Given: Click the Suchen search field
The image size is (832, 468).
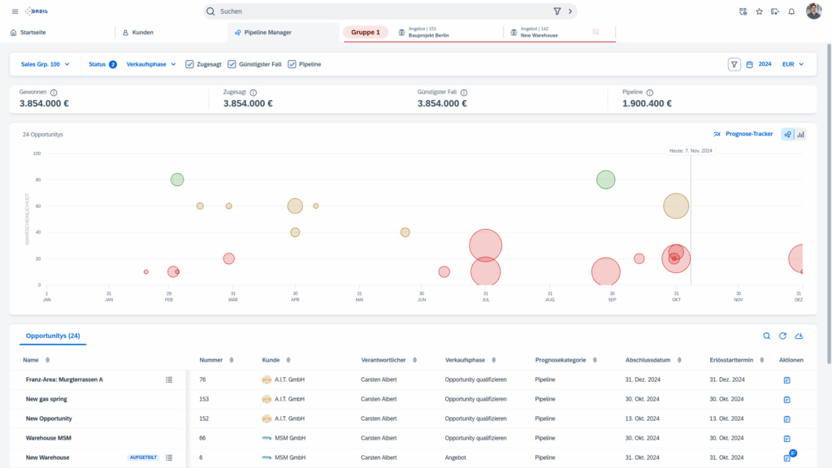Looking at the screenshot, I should click(x=382, y=11).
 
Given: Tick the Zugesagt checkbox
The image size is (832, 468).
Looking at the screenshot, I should click(x=189, y=64).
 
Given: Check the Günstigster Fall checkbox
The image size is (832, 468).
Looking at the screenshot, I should click(x=232, y=64).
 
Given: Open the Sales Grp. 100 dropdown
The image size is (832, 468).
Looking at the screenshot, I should click(x=45, y=64).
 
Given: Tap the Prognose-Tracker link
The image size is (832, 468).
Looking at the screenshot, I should click(x=748, y=134).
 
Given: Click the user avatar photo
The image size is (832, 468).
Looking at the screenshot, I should click(x=813, y=11).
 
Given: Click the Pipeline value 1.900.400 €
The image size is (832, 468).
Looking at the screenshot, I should click(x=647, y=104).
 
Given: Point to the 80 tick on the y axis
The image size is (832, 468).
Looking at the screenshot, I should click(x=37, y=180).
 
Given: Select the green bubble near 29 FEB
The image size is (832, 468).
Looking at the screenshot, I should click(x=177, y=180).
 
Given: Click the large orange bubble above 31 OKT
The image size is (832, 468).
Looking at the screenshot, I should click(x=676, y=206).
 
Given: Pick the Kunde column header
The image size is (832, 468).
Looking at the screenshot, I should click(x=271, y=360).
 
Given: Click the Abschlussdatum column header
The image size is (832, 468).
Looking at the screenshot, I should click(x=648, y=360).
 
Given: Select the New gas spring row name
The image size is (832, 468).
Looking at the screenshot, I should click(x=48, y=400).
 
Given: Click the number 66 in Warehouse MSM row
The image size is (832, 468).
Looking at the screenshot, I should click(x=202, y=439).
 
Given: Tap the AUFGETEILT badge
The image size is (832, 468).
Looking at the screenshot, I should click(x=143, y=458).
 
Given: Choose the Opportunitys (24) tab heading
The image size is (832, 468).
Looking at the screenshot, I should click(x=53, y=336).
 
